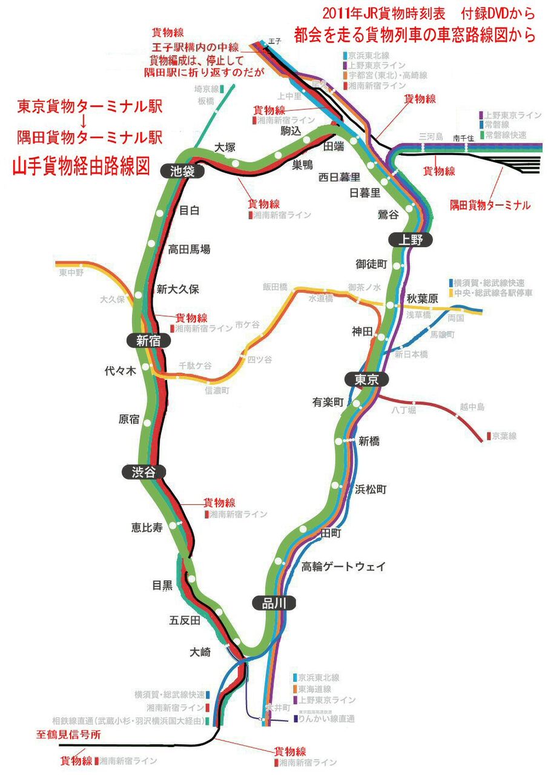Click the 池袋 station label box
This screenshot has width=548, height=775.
[183, 171]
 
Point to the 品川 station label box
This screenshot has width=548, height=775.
[273, 602]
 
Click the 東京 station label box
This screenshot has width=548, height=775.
[366, 380]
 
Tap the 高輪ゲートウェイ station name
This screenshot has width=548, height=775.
[343, 567]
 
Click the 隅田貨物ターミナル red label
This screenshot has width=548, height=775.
[490, 205]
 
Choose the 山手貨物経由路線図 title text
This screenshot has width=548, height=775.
[81, 167]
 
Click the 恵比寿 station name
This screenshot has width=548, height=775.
[147, 527]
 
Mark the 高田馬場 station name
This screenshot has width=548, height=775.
[189, 249]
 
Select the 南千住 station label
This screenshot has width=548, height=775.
[464, 138]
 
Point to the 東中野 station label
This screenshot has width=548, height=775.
[71, 273]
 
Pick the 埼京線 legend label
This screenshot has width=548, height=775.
[206, 88]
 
